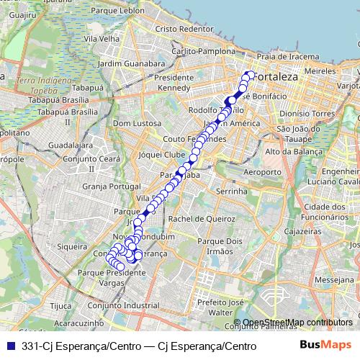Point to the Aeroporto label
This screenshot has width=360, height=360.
pos(261,173)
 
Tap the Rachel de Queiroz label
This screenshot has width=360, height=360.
pos(197,219)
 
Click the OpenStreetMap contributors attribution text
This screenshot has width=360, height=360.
pos(296,322)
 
